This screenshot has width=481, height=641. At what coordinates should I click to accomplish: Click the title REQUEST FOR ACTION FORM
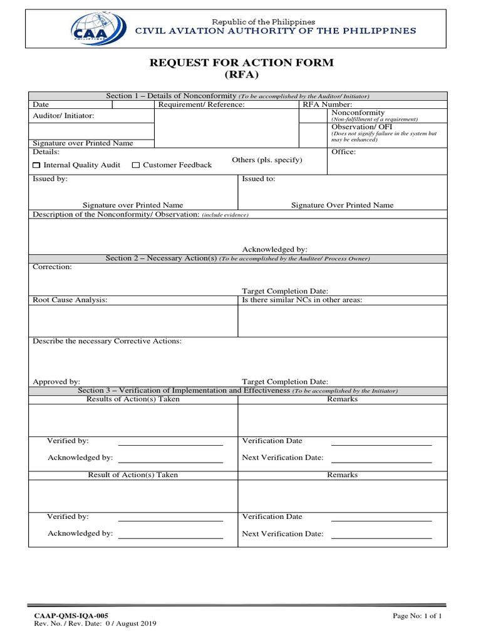[x=240, y=63]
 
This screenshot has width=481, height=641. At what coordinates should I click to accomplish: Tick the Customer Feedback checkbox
[x=136, y=165]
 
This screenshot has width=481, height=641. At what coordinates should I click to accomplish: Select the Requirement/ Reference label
[x=201, y=105]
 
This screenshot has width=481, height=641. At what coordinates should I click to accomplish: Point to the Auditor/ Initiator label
[x=63, y=116]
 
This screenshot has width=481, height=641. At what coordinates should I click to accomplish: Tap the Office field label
[x=343, y=152]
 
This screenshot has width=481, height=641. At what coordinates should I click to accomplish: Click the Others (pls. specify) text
[x=267, y=160]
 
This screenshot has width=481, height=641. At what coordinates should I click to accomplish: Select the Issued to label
[x=258, y=178]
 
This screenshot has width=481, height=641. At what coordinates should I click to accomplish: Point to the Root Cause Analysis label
[x=70, y=300]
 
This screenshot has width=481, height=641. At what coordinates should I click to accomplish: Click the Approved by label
[x=56, y=381]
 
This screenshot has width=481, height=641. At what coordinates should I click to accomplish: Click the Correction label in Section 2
[x=52, y=267]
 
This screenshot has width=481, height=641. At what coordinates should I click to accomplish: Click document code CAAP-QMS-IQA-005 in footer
[x=66, y=616]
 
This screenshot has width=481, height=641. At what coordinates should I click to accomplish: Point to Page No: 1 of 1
[x=417, y=616]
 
